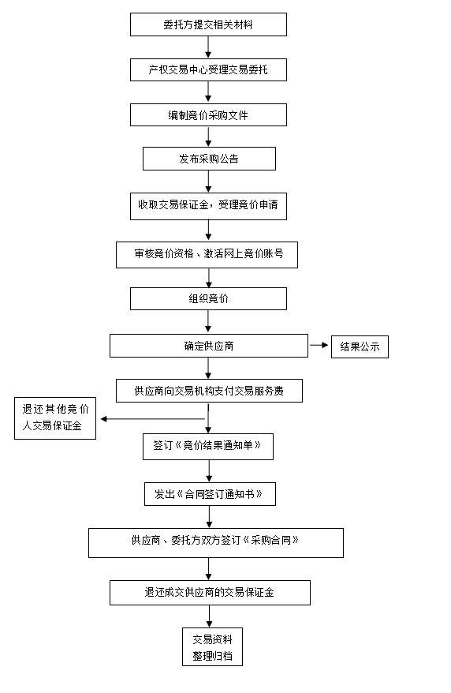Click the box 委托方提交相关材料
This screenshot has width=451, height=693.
click(208, 24)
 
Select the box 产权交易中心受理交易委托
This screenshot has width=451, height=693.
click(208, 69)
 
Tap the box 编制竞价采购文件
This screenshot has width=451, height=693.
click(208, 115)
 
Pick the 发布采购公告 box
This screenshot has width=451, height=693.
click(209, 159)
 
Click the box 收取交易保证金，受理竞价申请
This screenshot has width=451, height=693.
click(208, 206)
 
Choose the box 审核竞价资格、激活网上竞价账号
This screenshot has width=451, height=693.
click(207, 255)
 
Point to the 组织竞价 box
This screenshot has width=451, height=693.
click(208, 299)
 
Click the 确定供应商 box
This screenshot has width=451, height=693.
click(209, 346)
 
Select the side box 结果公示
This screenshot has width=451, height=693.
click(360, 346)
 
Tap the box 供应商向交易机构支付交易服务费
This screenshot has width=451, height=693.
click(209, 391)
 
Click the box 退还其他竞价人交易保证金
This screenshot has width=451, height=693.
click(55, 418)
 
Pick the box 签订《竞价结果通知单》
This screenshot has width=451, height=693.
click(208, 447)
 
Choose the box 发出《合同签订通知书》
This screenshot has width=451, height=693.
click(210, 494)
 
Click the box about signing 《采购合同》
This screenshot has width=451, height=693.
click(216, 543)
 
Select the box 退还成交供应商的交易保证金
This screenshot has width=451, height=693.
click(210, 593)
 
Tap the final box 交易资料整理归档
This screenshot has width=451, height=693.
click(212, 646)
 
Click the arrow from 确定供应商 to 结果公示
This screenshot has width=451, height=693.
click(319, 345)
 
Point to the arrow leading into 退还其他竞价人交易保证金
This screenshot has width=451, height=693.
click(153, 418)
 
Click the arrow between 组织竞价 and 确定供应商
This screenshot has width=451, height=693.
click(208, 321)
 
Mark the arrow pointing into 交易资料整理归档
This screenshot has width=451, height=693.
click(210, 616)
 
